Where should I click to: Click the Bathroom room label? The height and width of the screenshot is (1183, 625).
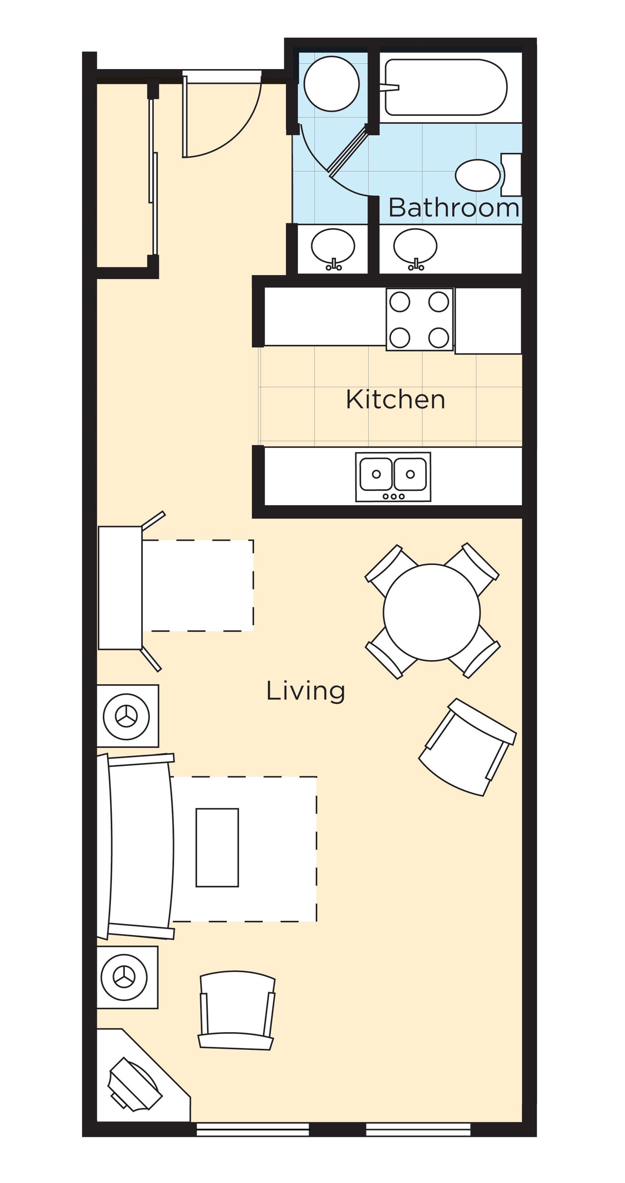click(x=453, y=208)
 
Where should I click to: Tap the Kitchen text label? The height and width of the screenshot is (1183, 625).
click(x=395, y=399)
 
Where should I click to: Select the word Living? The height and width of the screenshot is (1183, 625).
click(x=305, y=691)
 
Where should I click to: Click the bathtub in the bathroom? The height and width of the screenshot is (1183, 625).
click(x=445, y=87)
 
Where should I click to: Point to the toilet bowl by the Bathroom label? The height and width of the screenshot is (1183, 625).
click(x=478, y=175)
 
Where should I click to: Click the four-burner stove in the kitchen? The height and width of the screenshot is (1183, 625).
click(x=419, y=320)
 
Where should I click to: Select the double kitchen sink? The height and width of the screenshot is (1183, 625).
click(x=393, y=476)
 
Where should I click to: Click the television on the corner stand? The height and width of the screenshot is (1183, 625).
click(x=134, y=1085)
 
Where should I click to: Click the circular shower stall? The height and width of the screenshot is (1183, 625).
click(x=331, y=83)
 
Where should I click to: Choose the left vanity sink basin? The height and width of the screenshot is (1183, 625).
click(x=333, y=246)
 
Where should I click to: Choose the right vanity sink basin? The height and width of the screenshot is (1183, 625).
click(x=415, y=246)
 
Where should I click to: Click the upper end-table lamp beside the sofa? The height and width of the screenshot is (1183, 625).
click(x=126, y=716)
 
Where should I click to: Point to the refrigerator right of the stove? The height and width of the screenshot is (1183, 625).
click(x=488, y=320)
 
